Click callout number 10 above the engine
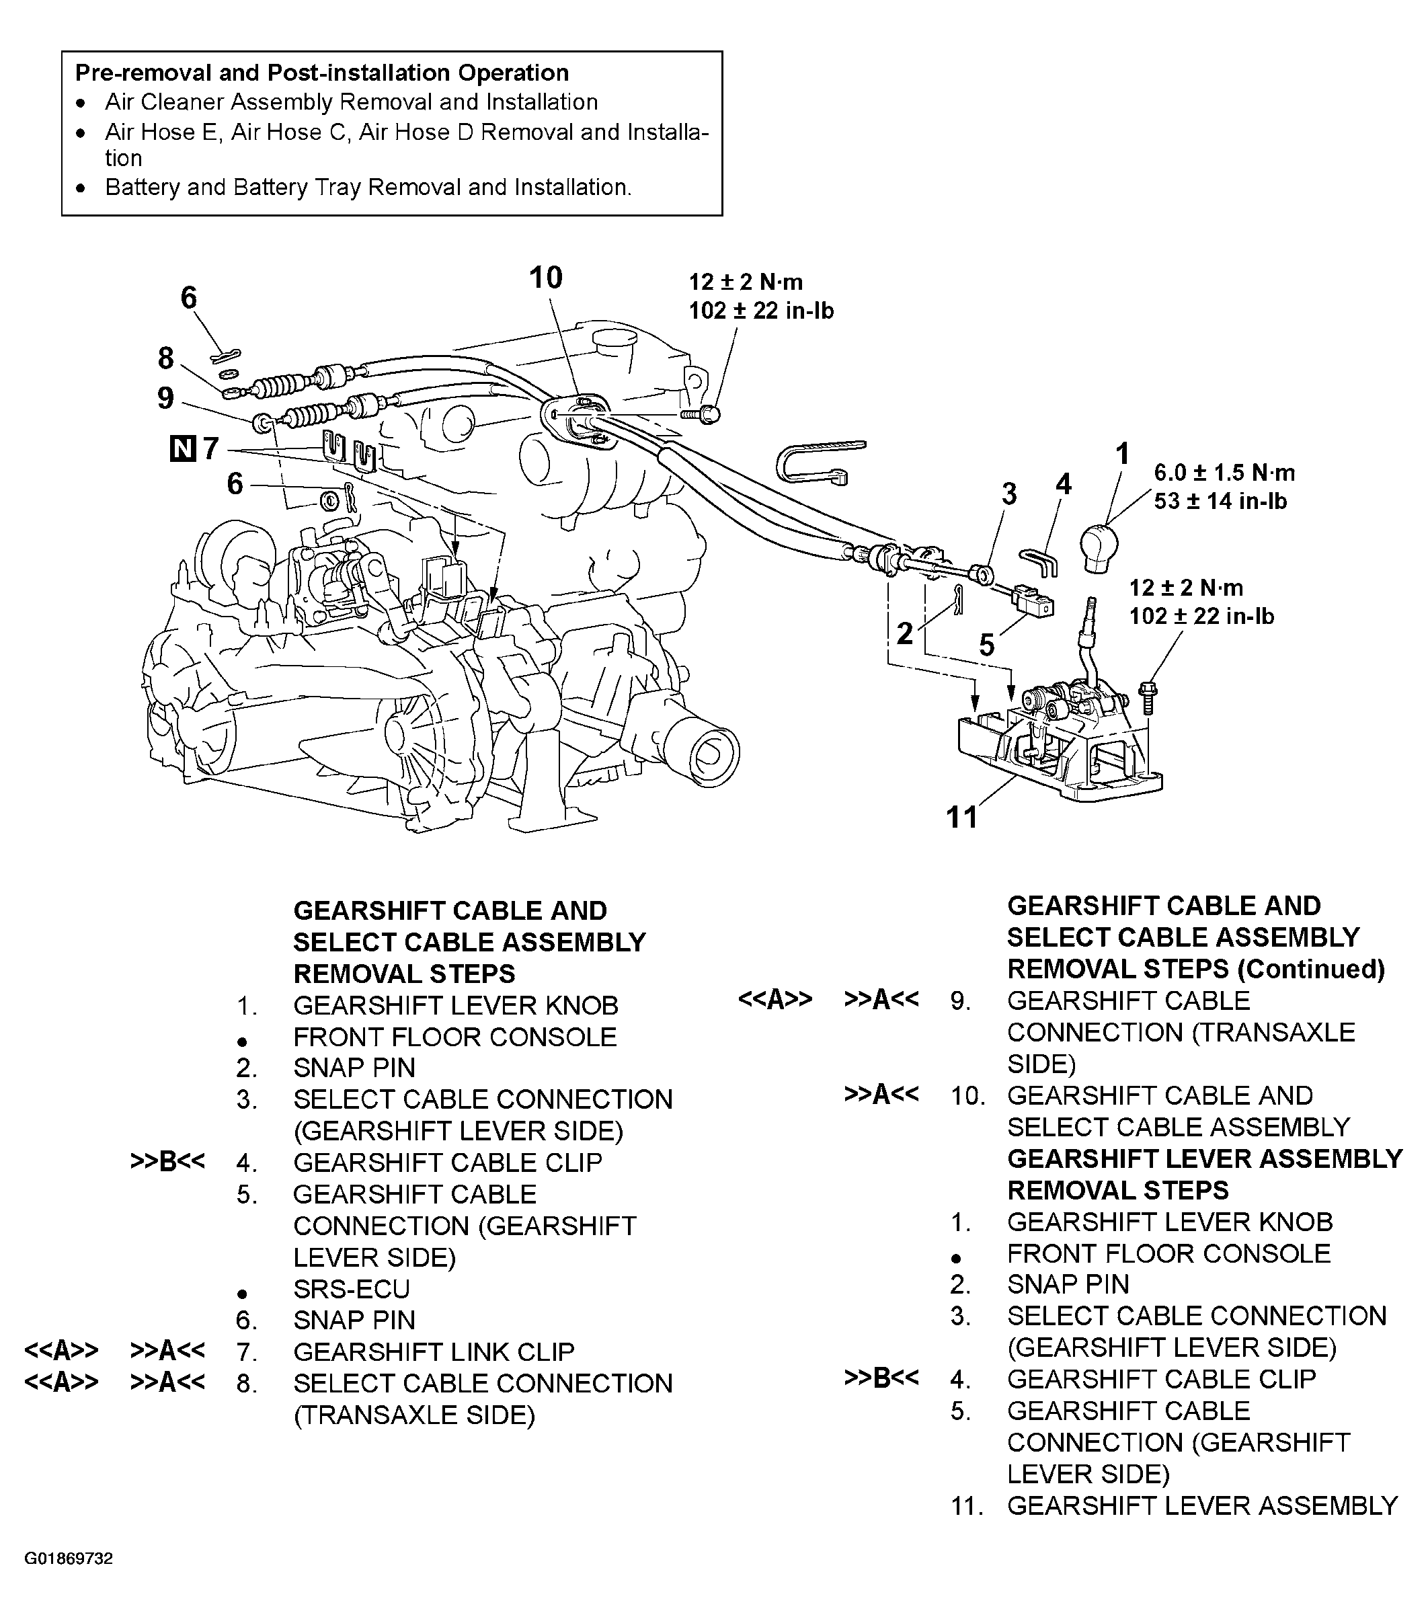(545, 278)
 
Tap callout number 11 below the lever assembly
(961, 817)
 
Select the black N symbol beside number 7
(183, 448)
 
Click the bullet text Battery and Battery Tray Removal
(368, 188)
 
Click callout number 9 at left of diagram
(165, 397)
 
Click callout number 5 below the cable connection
(986, 645)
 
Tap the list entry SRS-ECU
(351, 1289)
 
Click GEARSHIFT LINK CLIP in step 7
(433, 1352)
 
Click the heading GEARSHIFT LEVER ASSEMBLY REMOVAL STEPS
(1203, 1174)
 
